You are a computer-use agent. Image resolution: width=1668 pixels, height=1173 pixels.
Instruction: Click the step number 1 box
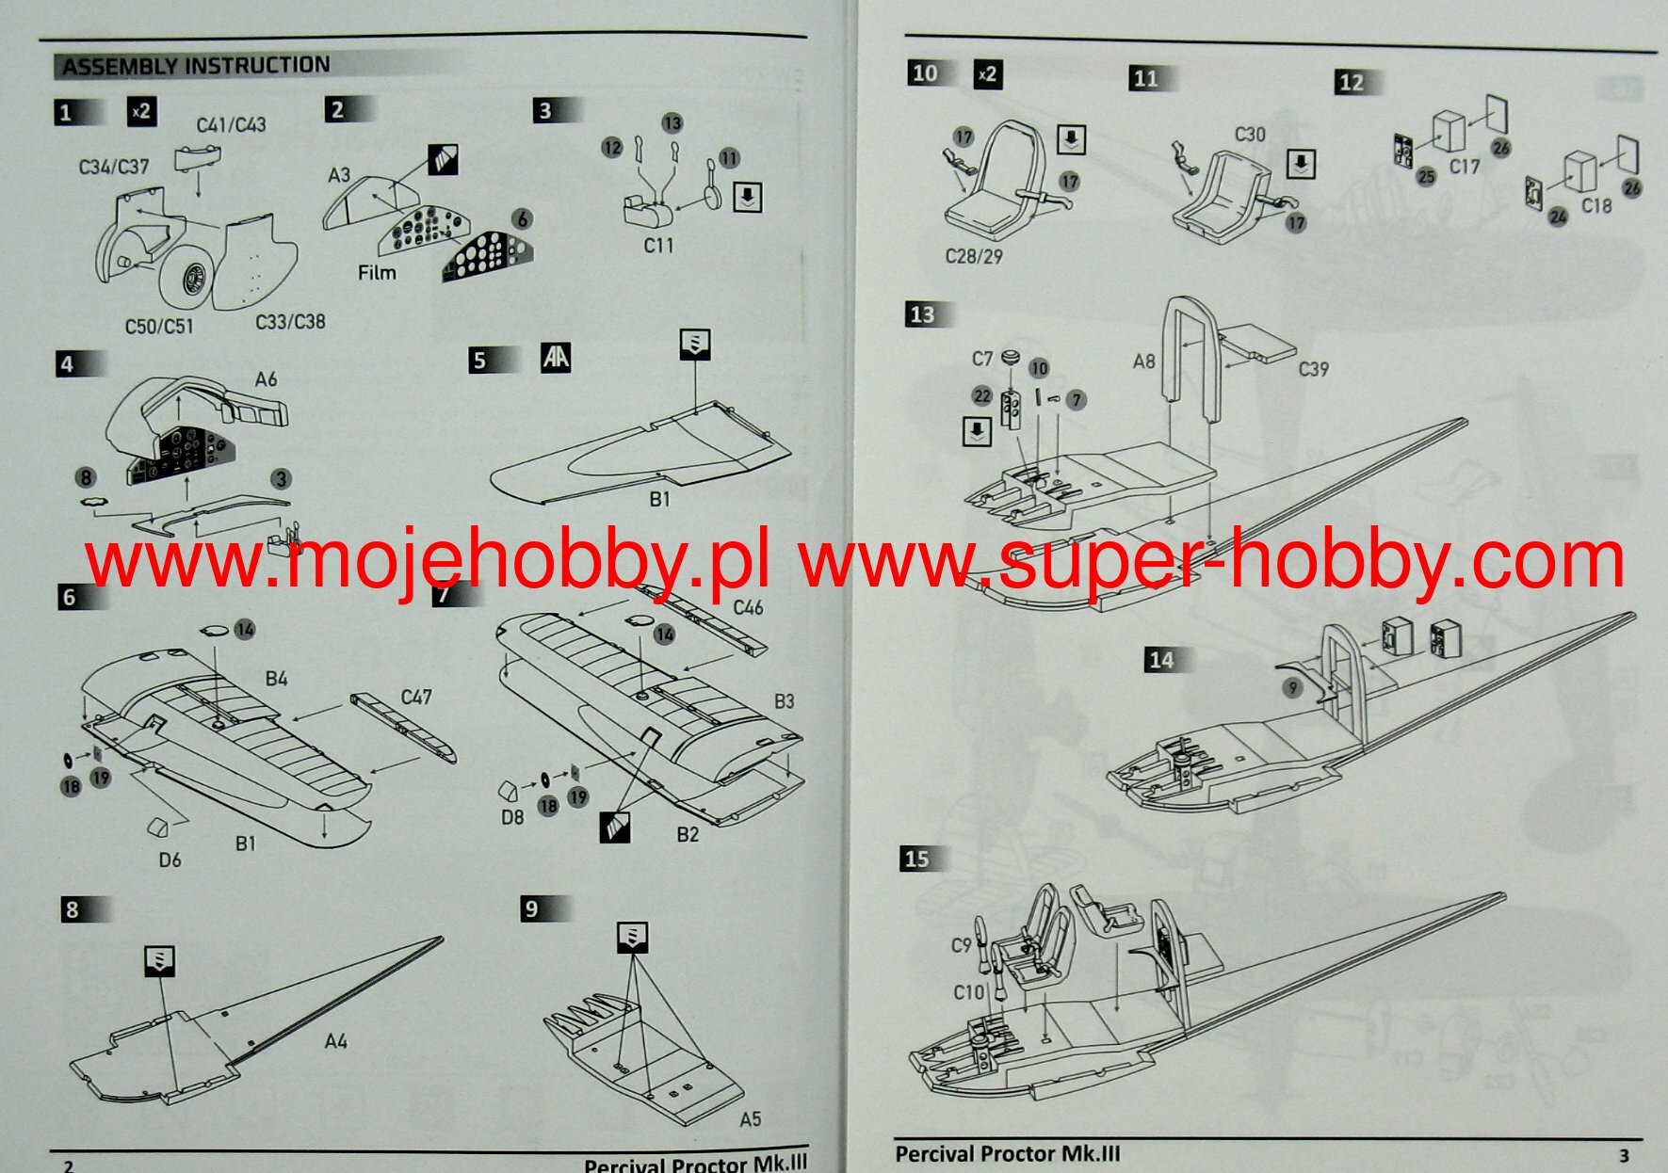pyautogui.click(x=66, y=113)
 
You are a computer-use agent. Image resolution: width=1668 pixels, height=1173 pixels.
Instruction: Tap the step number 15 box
pyautogui.click(x=916, y=859)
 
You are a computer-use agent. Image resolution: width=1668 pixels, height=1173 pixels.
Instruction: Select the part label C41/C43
pyautogui.click(x=231, y=125)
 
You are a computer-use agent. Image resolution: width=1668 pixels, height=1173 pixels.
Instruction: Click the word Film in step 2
pyautogui.click(x=377, y=273)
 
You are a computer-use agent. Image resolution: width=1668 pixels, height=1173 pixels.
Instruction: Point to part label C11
pyautogui.click(x=658, y=245)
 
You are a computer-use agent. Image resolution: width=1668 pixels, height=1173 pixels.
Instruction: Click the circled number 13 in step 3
pyautogui.click(x=672, y=123)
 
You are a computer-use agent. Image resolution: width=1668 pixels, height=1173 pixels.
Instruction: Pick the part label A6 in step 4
pyautogui.click(x=267, y=379)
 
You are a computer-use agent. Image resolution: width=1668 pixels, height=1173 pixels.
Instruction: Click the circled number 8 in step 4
pyautogui.click(x=86, y=478)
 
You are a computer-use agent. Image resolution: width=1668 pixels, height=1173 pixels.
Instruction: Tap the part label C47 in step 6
pyautogui.click(x=416, y=697)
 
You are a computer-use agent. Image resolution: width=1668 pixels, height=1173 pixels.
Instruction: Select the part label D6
pyautogui.click(x=170, y=860)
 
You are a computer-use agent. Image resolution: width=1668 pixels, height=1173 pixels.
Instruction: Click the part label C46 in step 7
pyautogui.click(x=748, y=607)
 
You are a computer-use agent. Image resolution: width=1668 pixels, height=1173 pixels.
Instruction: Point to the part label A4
pyautogui.click(x=335, y=1041)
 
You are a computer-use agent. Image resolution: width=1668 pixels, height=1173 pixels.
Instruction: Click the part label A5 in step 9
pyautogui.click(x=750, y=1119)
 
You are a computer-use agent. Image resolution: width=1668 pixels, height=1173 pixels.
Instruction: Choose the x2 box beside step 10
pyautogui.click(x=987, y=74)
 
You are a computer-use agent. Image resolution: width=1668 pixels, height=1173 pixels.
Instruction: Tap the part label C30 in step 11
pyautogui.click(x=1250, y=135)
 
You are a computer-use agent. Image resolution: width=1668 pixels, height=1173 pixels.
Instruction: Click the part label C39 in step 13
pyautogui.click(x=1313, y=369)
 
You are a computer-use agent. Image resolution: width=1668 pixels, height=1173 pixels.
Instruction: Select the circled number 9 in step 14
pyautogui.click(x=1293, y=688)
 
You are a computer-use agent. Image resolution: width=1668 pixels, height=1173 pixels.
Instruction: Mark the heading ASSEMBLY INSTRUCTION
pyautogui.click(x=196, y=66)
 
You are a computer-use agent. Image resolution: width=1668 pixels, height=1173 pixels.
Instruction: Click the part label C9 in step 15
pyautogui.click(x=961, y=945)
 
